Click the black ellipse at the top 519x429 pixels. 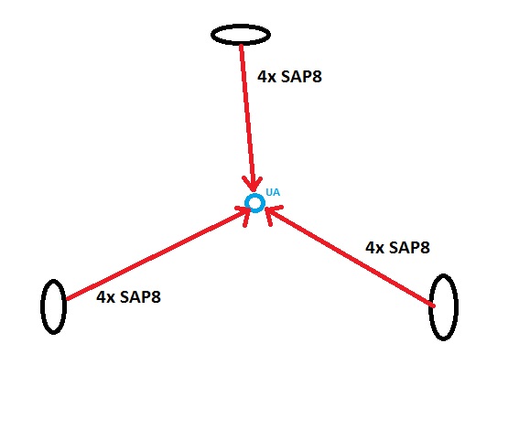pos(241,25)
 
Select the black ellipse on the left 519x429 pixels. pos(42,306)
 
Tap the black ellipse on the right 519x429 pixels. pos(430,306)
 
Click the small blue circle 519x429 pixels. pos(254,195)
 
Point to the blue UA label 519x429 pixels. pos(273,192)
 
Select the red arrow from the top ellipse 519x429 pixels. pos(247,117)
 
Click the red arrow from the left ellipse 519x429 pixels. pos(156,254)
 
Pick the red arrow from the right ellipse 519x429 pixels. pos(351,256)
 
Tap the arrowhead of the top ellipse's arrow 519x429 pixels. pos(253,185)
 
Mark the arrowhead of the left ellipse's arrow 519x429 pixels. pos(245,213)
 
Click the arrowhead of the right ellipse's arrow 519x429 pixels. pos(272,213)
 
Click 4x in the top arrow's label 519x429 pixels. pos(266,77)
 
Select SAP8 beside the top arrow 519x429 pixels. pos(301,77)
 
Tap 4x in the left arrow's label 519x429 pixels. pos(105,296)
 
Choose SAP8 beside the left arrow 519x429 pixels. pos(140,296)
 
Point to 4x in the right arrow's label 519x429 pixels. pos(374,247)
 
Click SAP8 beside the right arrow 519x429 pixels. pos(409,247)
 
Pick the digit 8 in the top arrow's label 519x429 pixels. pos(317,77)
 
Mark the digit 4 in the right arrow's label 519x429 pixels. pos(370,247)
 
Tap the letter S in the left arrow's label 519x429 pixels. pos(124,296)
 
